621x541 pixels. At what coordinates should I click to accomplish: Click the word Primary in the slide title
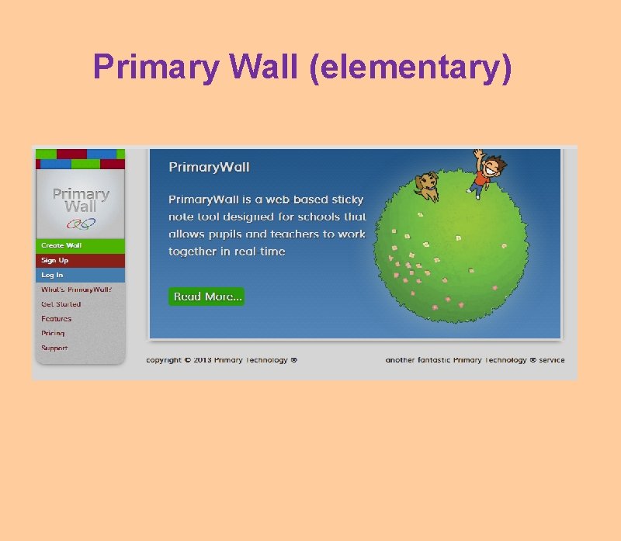pos(156,68)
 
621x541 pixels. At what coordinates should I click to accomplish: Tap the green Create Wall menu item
pos(61,245)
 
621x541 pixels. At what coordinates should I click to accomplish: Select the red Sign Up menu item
pos(54,260)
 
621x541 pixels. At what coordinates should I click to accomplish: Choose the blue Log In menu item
pos(52,275)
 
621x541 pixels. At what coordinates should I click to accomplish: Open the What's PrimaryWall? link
pos(77,290)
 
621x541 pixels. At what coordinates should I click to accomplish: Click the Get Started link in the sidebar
pos(61,304)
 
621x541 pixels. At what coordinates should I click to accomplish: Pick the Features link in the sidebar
pos(56,319)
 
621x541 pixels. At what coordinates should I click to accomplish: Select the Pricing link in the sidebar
pos(53,333)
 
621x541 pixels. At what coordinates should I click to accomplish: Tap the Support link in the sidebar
pos(54,348)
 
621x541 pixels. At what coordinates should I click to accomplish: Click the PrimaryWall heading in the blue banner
pos(209,168)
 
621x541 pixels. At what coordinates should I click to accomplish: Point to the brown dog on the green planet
pos(426,186)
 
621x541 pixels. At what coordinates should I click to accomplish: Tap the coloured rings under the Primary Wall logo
pos(81,224)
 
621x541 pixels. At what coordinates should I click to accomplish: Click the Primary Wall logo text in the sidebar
pos(81,200)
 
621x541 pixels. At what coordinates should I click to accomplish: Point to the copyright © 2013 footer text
pos(221,360)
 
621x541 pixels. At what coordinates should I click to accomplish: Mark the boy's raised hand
pos(479,154)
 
